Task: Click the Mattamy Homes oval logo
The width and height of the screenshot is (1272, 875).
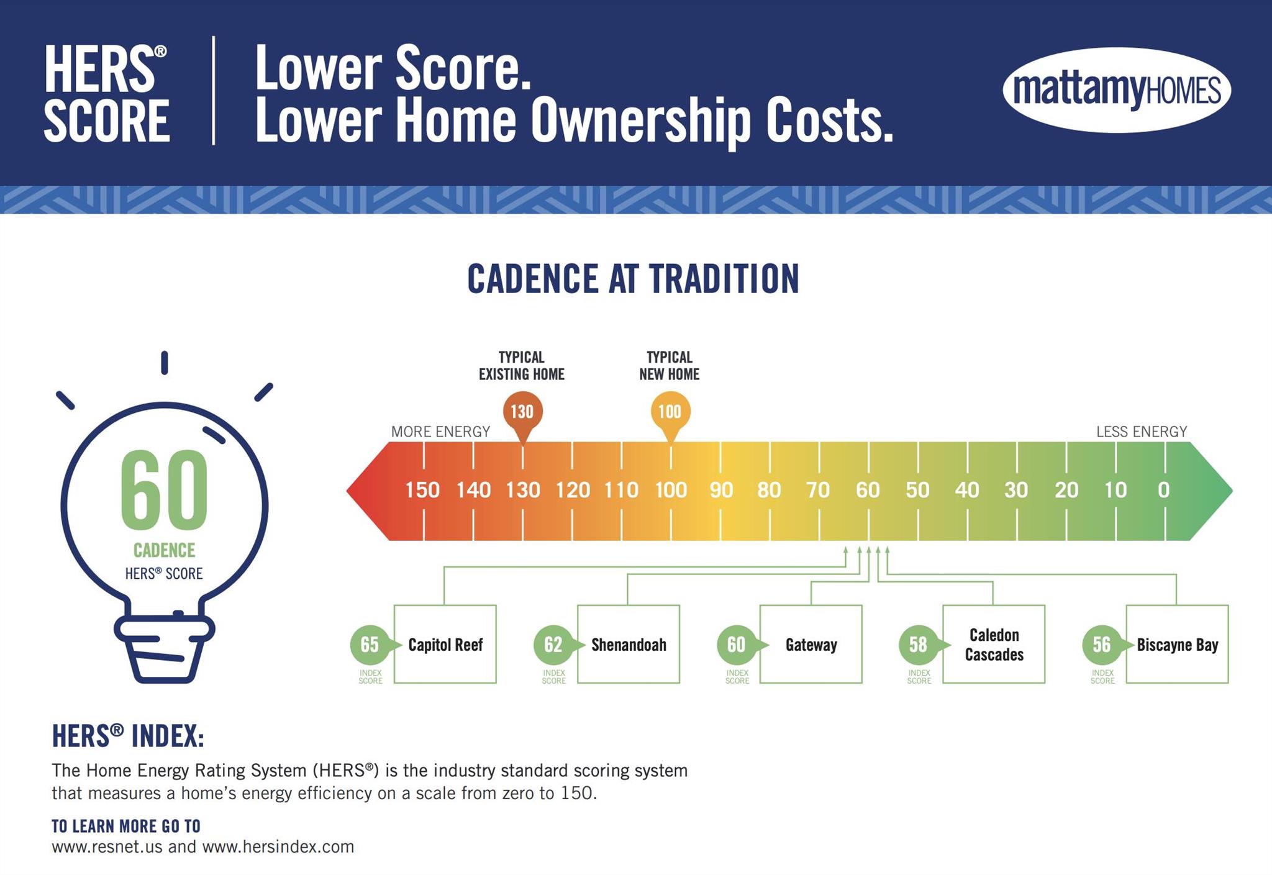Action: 1117,90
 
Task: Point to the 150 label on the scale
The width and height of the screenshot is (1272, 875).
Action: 422,490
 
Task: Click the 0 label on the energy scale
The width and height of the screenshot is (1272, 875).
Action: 1164,490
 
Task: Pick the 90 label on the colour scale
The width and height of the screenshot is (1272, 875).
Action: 721,490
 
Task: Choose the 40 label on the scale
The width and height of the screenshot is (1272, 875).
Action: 967,490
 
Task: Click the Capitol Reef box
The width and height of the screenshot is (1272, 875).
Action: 445,644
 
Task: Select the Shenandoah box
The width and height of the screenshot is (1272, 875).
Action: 629,644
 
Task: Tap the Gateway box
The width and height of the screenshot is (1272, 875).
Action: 811,644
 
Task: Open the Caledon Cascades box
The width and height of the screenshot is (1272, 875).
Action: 994,644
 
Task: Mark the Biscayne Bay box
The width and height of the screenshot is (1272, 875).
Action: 1177,644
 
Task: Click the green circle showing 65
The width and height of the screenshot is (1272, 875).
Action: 370,645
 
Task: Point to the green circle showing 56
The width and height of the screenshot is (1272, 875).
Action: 1102,645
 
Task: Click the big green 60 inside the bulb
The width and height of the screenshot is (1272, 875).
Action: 165,488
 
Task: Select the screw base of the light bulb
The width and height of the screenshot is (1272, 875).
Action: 165,648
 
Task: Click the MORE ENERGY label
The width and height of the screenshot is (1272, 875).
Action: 440,432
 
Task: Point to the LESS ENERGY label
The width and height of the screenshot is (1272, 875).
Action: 1142,432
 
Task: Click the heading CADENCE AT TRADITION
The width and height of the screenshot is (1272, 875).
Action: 633,278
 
